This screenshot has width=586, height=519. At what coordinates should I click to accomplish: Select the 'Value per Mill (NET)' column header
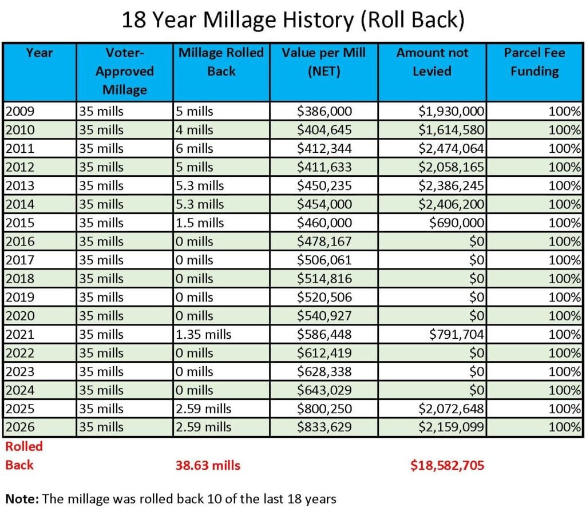pos(323,62)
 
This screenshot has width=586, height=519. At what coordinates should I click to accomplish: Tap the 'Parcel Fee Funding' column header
pos(534,62)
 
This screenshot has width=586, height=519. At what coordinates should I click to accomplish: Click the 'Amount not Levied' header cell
pos(432,62)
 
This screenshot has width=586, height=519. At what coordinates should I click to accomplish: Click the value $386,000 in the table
pos(324,111)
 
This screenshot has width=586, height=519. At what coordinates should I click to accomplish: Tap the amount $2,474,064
pos(452,148)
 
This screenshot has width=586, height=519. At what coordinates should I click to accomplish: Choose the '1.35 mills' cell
pos(204,334)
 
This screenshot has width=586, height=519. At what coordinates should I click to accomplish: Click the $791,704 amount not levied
pos(456,334)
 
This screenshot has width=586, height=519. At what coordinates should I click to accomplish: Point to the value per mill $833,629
pos(324,427)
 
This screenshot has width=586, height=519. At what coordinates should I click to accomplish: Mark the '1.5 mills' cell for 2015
pos(200,223)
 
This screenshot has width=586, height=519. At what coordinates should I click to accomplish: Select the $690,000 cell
pos(457,223)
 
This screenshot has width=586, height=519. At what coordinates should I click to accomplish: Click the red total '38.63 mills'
pos(208,465)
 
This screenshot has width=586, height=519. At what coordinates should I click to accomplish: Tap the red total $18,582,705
pos(447,465)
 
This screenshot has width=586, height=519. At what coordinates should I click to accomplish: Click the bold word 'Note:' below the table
pos(22,498)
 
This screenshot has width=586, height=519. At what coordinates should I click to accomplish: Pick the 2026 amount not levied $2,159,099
pos(452,427)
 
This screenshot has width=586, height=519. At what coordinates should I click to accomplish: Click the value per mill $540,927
pos(324,315)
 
